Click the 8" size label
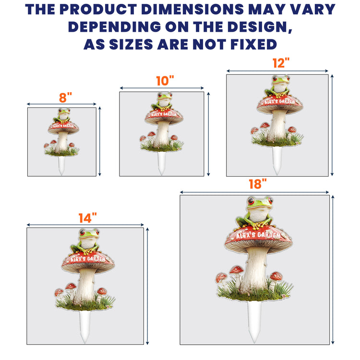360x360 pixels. [65, 97]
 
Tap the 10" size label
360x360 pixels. [165, 81]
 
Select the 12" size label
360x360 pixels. [281, 63]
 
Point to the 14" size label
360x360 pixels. [87, 218]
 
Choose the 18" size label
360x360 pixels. [258, 184]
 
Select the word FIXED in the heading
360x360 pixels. [253, 44]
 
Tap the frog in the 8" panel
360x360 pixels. [62, 116]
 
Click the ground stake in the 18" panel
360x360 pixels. [254, 322]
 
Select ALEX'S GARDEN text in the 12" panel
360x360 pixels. [280, 101]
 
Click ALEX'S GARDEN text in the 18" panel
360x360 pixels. [258, 235]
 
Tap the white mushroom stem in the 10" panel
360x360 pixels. [162, 134]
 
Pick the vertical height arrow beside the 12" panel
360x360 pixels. [332, 125]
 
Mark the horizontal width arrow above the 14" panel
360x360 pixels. [85, 225]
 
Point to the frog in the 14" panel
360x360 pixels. [87, 241]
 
